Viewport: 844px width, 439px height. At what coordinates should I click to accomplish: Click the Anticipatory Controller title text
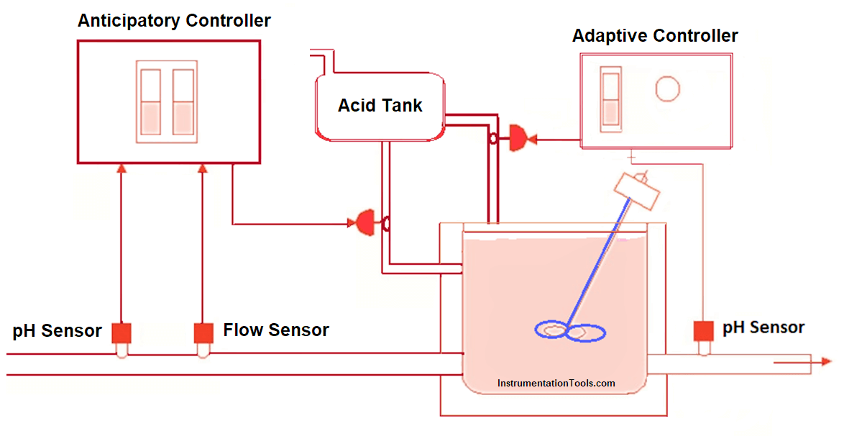tap(174, 20)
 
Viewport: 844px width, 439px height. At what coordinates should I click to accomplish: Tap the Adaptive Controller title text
tap(655, 35)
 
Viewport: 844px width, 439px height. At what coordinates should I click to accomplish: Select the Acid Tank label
tap(380, 106)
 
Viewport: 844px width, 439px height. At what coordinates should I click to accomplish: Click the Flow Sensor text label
tap(276, 330)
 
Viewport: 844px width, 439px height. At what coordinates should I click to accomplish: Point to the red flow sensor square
tap(203, 332)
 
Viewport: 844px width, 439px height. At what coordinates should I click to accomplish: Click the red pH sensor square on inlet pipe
tap(121, 332)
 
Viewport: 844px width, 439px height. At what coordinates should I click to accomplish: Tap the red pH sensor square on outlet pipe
tap(703, 330)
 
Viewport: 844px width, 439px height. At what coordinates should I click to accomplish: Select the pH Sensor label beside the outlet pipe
tap(763, 327)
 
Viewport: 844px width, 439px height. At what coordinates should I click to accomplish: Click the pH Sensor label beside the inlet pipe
tap(57, 331)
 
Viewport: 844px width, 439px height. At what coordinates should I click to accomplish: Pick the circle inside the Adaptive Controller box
tap(667, 89)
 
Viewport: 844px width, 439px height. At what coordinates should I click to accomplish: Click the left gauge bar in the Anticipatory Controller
tap(150, 101)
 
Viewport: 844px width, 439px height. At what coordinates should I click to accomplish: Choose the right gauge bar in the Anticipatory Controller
tap(183, 101)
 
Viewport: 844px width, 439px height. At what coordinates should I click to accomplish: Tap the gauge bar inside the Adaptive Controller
tap(610, 97)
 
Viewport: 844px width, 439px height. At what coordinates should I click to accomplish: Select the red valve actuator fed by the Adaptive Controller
tap(518, 137)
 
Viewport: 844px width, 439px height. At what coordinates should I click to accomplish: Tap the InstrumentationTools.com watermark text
tap(556, 384)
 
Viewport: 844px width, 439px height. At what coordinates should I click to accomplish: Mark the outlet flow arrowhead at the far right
tap(827, 362)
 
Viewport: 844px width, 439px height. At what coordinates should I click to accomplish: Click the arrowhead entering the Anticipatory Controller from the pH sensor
tap(121, 168)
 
